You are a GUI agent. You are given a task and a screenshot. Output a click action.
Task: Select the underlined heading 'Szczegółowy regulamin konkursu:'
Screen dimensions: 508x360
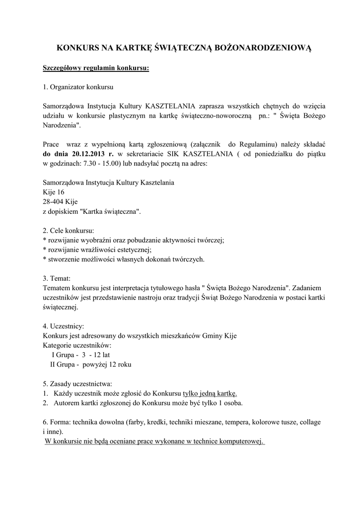coord(96,67)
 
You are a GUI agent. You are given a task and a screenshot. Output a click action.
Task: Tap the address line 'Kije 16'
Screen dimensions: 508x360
coord(54,192)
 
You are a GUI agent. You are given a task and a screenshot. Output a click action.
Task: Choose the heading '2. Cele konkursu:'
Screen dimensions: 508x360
coord(68,231)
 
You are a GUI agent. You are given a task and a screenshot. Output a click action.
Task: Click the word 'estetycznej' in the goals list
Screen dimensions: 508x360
coord(133,250)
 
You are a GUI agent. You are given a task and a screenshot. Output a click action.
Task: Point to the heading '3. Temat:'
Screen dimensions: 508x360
coord(57,278)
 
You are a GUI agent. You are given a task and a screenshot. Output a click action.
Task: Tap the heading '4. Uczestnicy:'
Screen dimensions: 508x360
coord(64,326)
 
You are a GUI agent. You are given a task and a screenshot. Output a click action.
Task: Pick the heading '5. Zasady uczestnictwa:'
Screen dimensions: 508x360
coord(77,383)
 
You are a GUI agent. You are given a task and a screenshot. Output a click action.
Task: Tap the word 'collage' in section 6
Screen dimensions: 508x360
coord(309,422)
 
